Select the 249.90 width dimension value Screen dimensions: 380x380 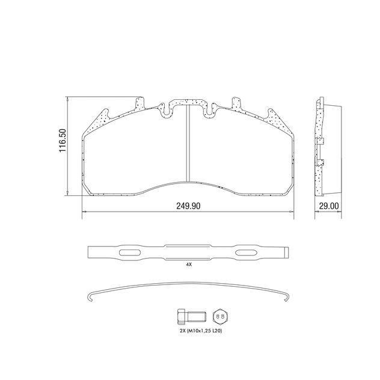point(188,206)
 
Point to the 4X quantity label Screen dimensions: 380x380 point(188,264)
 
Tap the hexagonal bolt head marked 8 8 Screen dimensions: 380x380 point(219,316)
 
